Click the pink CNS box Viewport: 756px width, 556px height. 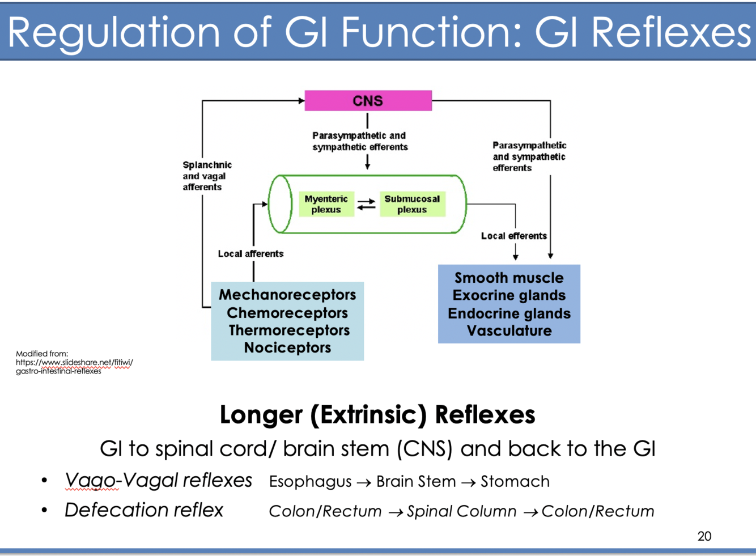(x=368, y=101)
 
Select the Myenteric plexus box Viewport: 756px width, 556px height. (x=326, y=204)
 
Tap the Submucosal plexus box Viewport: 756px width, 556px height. (x=412, y=204)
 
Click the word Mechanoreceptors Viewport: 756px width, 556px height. (x=287, y=295)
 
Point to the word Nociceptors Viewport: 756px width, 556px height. (x=287, y=347)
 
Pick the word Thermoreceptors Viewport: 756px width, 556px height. (x=289, y=330)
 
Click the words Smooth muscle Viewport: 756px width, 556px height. (x=509, y=278)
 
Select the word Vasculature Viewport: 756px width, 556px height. (x=509, y=330)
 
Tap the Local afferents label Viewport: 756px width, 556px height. (x=250, y=254)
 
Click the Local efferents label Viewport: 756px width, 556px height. (x=513, y=236)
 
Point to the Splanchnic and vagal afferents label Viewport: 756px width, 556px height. (x=207, y=176)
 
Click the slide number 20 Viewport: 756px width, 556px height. (x=704, y=536)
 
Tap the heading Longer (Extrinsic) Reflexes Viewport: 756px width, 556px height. (x=377, y=414)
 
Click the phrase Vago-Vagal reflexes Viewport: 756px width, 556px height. (x=158, y=480)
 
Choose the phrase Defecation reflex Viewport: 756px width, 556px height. (x=144, y=510)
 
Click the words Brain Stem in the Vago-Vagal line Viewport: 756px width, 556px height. (x=416, y=481)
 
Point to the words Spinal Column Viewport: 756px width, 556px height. (x=461, y=511)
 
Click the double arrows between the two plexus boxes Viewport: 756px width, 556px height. (x=367, y=204)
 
